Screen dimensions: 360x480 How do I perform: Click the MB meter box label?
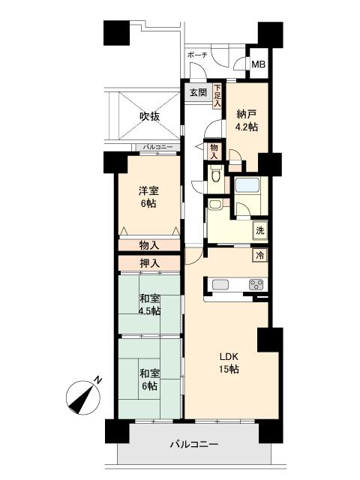tap(258, 64)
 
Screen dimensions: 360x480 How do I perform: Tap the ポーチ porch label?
tap(197, 55)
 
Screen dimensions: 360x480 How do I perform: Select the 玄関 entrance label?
tap(198, 92)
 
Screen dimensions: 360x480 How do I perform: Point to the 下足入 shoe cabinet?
tap(217, 96)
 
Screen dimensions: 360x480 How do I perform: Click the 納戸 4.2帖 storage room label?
tap(247, 121)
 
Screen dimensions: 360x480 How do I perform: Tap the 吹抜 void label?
tap(150, 116)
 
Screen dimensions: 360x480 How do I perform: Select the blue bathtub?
tap(247, 185)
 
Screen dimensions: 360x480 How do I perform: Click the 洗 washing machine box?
tap(260, 230)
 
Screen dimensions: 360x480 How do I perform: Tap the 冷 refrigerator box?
tap(260, 255)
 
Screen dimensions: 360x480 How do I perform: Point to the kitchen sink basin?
tap(220, 285)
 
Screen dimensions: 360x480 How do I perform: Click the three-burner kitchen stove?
tap(256, 285)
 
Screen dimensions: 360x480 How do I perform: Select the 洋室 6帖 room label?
tap(148, 197)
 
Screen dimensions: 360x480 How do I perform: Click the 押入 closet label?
tap(149, 263)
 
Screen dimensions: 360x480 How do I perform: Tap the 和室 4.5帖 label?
tap(150, 305)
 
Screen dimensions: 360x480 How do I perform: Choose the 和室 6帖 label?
tap(149, 379)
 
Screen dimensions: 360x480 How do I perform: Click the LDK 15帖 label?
tap(228, 363)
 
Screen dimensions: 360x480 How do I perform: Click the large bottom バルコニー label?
tap(194, 444)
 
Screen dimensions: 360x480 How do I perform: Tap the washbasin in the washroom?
tap(215, 204)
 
